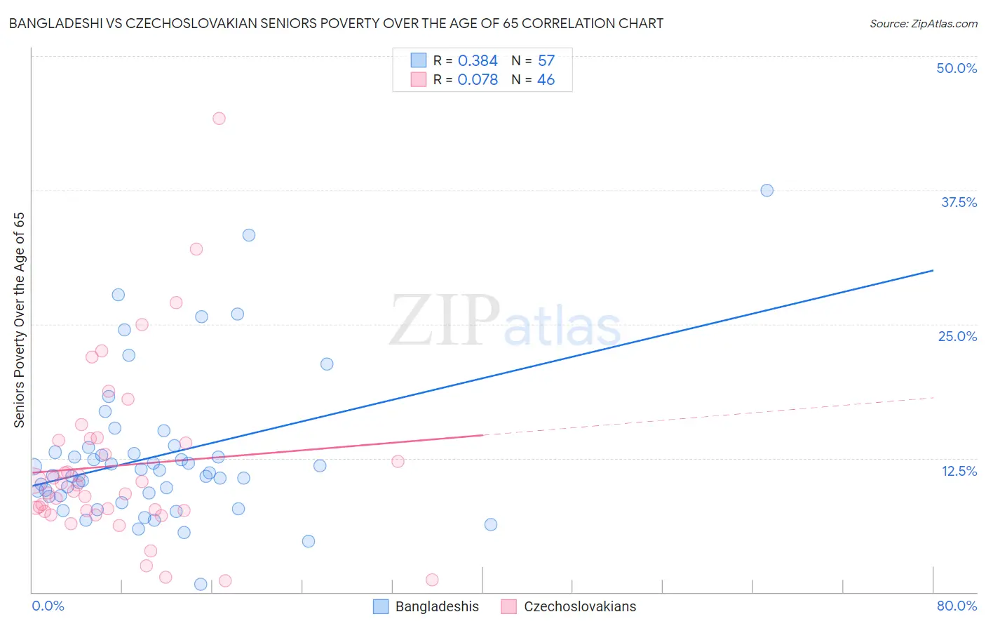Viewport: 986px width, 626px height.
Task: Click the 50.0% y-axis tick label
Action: tap(957, 68)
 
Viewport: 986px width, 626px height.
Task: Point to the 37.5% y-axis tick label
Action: tap(958, 202)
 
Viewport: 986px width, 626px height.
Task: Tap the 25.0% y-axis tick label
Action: tap(957, 336)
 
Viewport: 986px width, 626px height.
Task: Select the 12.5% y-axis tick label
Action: tap(959, 471)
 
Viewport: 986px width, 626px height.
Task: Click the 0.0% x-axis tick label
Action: tap(48, 606)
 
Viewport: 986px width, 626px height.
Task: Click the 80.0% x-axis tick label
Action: tap(957, 606)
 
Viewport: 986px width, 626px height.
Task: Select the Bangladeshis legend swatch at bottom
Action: tap(381, 606)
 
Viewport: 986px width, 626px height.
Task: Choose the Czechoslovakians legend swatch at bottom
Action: tap(509, 606)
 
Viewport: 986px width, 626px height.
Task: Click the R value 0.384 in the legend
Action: tap(478, 61)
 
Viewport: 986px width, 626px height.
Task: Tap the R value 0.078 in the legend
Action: tap(478, 80)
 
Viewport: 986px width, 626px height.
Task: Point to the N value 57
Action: tap(546, 61)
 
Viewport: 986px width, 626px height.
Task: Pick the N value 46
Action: tap(546, 80)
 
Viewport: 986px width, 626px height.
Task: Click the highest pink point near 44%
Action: tap(219, 119)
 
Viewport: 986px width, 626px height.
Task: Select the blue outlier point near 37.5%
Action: tap(766, 190)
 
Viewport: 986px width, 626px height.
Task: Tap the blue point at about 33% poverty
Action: tap(249, 235)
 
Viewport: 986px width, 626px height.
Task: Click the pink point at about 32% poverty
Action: tap(196, 249)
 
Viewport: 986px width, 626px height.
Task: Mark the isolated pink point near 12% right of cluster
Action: tap(398, 461)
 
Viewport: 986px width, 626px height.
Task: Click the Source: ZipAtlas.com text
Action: tap(923, 24)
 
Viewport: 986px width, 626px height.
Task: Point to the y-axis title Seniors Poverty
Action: tap(19, 320)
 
